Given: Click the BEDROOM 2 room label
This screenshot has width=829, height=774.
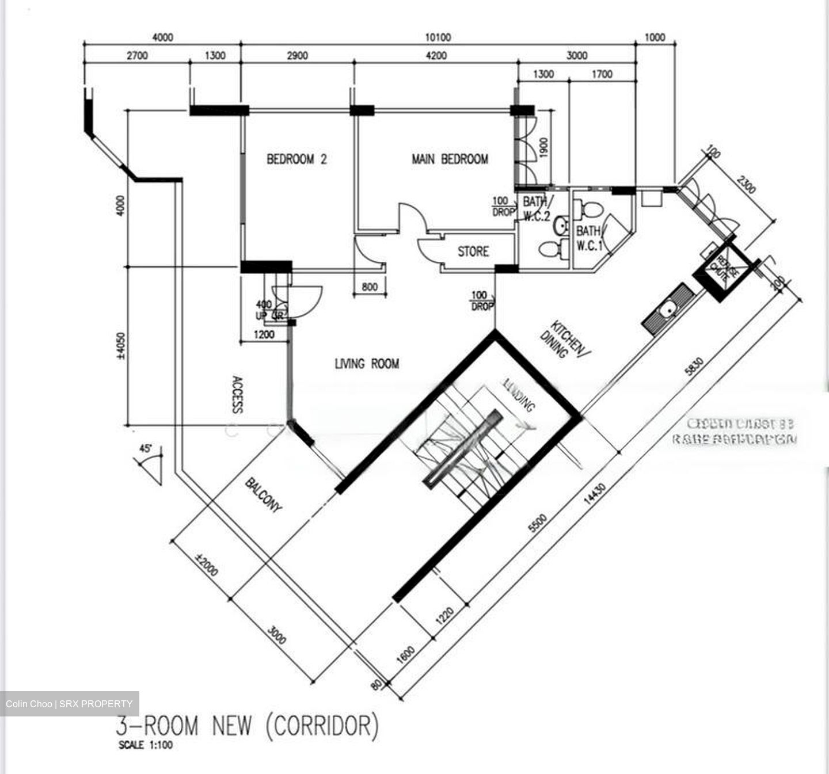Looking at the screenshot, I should click(296, 159).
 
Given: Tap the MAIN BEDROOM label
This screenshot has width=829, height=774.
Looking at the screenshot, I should click(450, 159).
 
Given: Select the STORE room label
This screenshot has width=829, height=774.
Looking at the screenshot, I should click(473, 251).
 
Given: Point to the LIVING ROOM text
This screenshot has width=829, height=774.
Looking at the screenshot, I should click(367, 364).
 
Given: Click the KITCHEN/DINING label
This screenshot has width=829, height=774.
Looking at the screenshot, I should click(563, 340).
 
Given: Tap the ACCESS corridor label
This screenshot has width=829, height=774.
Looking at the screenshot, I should click(236, 395).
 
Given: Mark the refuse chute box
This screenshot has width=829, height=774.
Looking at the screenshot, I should click(722, 268).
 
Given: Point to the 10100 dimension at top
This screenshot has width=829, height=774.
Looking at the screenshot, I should click(438, 37).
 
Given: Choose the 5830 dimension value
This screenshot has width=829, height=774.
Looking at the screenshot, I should click(694, 367).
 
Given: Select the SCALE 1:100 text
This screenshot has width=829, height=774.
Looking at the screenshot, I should click(145, 745).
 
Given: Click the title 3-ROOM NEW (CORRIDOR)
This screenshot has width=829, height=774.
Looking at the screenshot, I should click(248, 726).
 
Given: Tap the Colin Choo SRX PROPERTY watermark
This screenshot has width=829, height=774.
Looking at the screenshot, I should click(69, 704).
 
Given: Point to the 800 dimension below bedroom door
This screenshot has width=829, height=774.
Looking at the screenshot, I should click(370, 287).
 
